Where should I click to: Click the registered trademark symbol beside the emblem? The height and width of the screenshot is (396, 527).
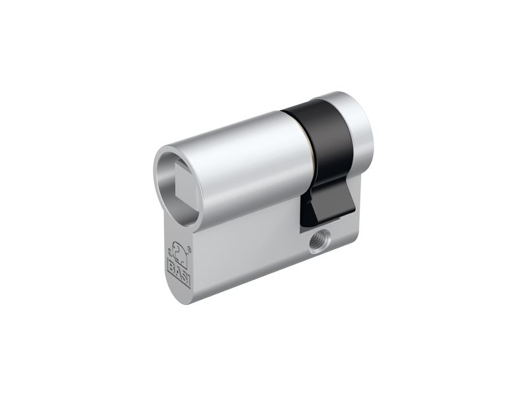189,250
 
